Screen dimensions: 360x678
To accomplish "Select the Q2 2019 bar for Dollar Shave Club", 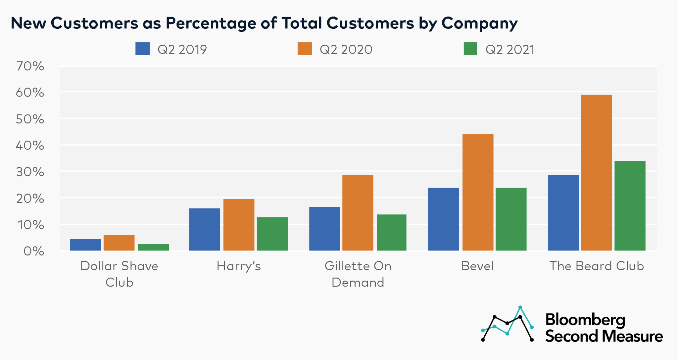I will [x=85, y=245].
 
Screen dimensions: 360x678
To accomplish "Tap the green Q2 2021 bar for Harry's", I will [x=272, y=234].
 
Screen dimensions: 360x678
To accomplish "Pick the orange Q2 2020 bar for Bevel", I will [x=478, y=192].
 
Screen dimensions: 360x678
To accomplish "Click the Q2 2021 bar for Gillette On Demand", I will [x=392, y=233].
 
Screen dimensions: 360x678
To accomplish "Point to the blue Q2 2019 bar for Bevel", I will [x=443, y=219].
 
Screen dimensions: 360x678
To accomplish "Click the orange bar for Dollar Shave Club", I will [x=119, y=243].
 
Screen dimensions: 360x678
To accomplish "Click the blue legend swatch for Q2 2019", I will [x=143, y=49].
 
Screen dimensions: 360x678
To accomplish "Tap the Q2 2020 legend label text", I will [x=346, y=50].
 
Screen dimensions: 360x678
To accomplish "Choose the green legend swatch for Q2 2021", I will [x=470, y=49].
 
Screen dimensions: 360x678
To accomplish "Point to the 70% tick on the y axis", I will [x=30, y=66].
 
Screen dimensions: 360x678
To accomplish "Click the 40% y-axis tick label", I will [x=30, y=145].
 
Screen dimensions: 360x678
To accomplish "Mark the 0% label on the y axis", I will [x=33, y=251].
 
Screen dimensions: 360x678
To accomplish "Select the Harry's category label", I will [x=239, y=266].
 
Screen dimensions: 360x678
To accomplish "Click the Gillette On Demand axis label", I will [x=358, y=274].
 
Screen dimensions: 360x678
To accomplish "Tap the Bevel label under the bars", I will [x=477, y=266].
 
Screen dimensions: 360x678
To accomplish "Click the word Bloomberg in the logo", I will [x=585, y=320].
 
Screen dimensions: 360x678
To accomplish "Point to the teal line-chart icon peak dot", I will [x=520, y=307].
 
